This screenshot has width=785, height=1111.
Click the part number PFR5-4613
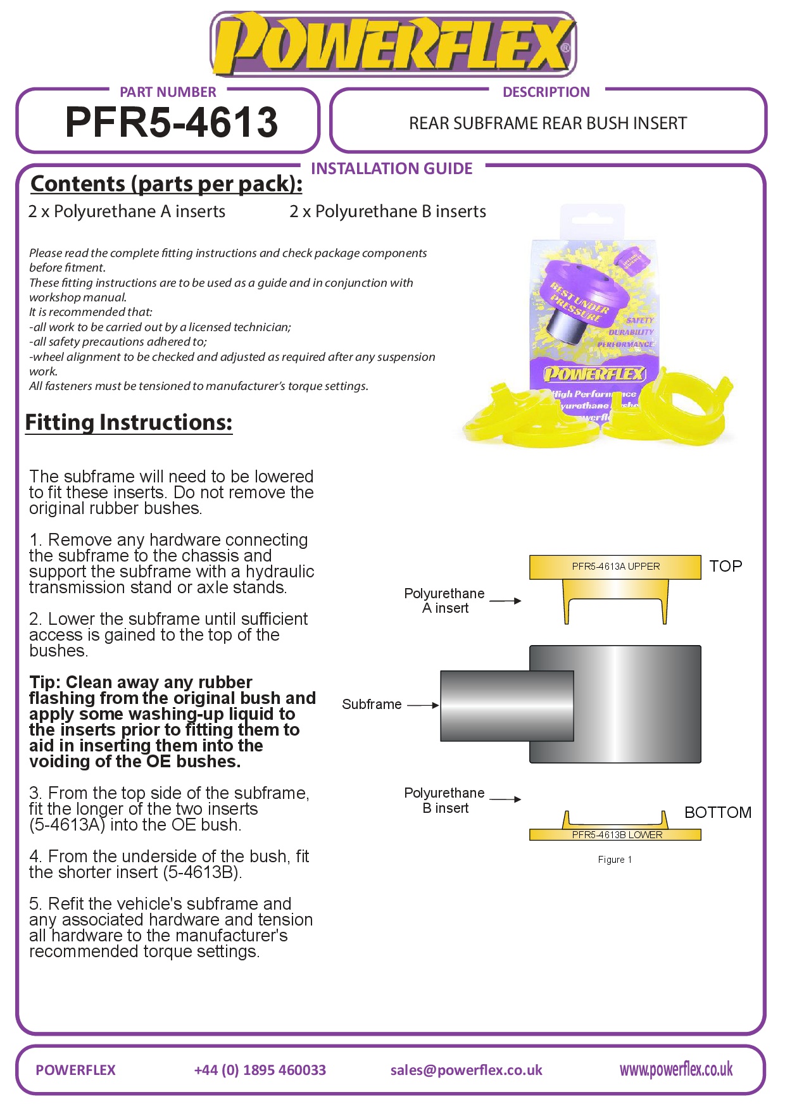tap(171, 122)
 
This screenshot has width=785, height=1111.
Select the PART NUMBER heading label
tap(168, 92)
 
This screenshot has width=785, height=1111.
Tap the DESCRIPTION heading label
tap(546, 92)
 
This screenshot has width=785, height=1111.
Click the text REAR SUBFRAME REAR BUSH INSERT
tap(548, 123)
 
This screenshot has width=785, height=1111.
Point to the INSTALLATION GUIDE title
tap(391, 169)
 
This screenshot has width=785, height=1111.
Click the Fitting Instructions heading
tap(129, 422)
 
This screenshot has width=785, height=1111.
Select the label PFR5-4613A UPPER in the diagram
tap(615, 567)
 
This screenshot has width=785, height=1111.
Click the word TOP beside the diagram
tap(725, 566)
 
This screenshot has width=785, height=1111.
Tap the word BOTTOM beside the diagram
tap(718, 812)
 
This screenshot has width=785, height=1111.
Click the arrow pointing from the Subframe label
tap(422, 705)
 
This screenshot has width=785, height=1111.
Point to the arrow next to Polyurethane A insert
tap(505, 601)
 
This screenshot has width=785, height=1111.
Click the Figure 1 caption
tap(615, 860)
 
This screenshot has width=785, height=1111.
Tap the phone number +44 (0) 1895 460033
tap(260, 1070)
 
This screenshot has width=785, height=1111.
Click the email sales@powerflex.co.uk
tap(466, 1070)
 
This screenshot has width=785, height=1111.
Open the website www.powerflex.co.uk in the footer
tap(675, 1070)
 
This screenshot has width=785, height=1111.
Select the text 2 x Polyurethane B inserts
tap(387, 211)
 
